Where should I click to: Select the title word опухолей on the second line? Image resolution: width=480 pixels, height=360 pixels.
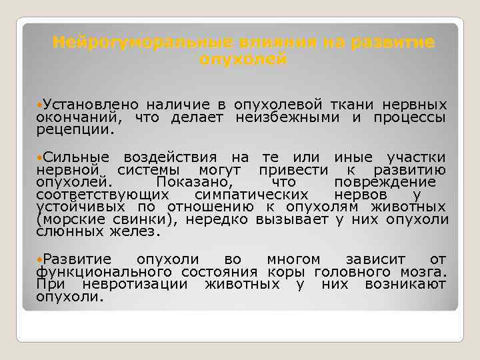point(243,59)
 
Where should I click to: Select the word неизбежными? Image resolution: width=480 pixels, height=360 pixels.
point(289,118)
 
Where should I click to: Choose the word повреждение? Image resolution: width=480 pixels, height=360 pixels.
point(385,182)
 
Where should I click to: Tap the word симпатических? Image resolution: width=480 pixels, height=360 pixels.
point(251,195)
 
